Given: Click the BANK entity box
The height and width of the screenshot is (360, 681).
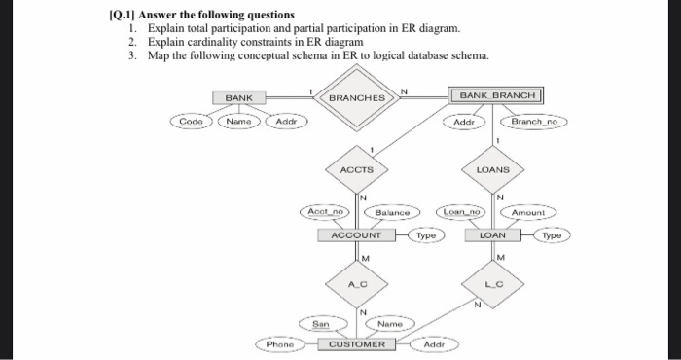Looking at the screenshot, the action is click(x=239, y=97).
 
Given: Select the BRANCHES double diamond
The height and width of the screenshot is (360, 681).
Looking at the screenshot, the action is click(x=357, y=97).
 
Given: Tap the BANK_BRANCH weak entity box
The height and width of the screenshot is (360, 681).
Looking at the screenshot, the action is click(x=495, y=95).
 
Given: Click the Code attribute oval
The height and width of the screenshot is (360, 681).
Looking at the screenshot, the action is click(x=191, y=122).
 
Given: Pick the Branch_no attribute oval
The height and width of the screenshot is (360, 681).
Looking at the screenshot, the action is click(x=534, y=122).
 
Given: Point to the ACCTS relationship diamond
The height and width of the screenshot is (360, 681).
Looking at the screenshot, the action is click(x=357, y=169).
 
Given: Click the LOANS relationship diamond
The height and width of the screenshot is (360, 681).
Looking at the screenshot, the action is click(x=492, y=169).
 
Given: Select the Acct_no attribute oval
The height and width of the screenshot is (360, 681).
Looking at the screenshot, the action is click(x=325, y=212).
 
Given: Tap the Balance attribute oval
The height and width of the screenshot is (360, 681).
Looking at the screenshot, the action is click(x=392, y=212).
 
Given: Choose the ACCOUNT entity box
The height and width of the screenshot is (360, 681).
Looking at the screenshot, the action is click(x=356, y=235).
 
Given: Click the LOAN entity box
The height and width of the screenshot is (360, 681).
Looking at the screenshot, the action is click(x=492, y=235).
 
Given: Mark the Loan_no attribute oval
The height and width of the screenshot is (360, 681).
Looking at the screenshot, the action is click(x=461, y=212).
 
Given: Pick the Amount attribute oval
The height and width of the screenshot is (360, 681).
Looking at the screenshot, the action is click(x=528, y=212).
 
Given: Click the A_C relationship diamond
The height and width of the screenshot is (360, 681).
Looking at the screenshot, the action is click(x=357, y=284).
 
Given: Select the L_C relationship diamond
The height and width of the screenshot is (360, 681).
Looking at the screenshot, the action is click(x=492, y=284).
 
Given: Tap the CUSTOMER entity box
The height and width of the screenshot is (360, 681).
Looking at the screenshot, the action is click(x=357, y=344).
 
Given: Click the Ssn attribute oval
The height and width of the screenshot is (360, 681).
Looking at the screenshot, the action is click(x=323, y=324).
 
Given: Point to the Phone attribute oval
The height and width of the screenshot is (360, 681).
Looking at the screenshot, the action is click(x=280, y=344).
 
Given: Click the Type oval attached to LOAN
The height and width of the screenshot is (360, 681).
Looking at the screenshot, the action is click(x=552, y=235).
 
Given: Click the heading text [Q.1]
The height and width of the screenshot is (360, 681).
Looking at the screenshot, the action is click(x=122, y=15).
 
